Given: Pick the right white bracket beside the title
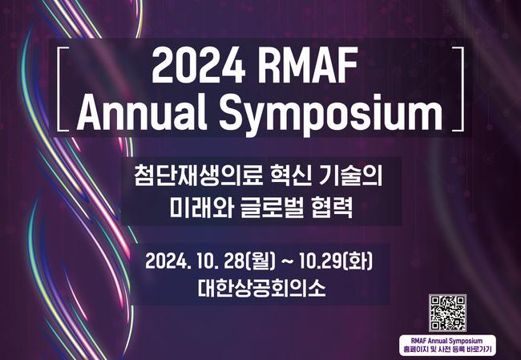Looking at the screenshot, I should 458,88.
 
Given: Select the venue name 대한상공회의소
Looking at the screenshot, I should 260,289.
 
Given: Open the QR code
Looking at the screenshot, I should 448,313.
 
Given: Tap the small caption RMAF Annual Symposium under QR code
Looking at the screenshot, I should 449,341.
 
